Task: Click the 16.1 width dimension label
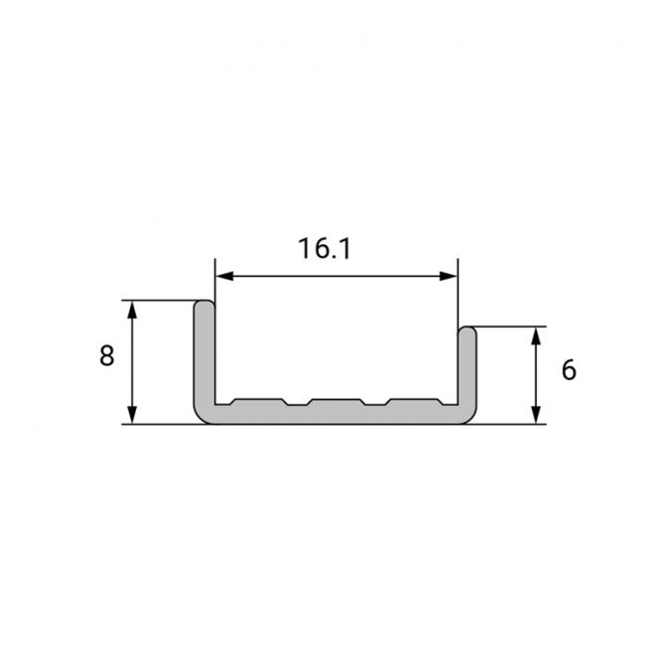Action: click(x=325, y=248)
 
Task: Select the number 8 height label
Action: click(x=107, y=355)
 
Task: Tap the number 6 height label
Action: click(x=569, y=370)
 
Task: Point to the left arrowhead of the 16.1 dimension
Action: click(x=225, y=277)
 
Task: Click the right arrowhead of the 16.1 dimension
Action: click(x=449, y=277)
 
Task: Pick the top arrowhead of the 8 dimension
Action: click(x=133, y=310)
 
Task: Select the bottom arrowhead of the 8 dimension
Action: click(x=133, y=415)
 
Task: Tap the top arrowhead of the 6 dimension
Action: click(x=536, y=336)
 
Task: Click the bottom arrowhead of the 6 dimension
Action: click(x=536, y=415)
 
